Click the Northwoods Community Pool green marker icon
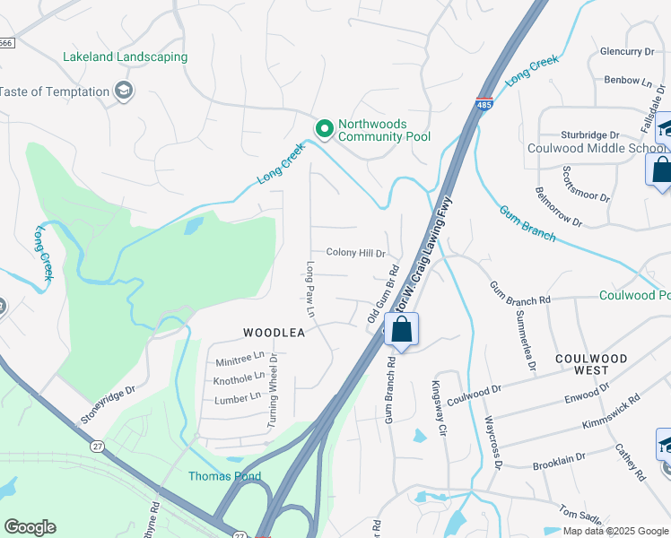(x=323, y=130)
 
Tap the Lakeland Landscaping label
(x=125, y=57)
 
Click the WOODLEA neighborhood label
(x=274, y=333)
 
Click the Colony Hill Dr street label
(x=355, y=254)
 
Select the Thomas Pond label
(x=224, y=476)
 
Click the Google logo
(x=30, y=527)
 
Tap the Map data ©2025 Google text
(x=615, y=531)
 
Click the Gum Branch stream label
(x=527, y=224)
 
